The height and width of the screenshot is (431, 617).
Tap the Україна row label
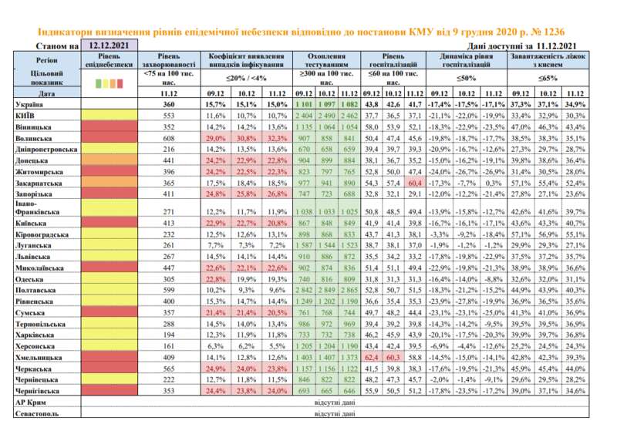(32, 103)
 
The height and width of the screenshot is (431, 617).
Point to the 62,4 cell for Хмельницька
(372, 359)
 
